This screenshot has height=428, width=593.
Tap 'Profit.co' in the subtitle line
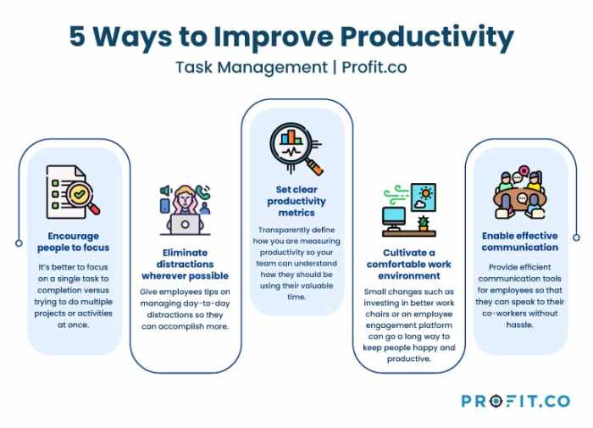374,67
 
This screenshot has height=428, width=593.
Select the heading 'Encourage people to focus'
74,242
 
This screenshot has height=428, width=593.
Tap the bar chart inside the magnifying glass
293,137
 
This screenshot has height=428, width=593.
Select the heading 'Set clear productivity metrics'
296,202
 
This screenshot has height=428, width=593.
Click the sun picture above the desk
424,196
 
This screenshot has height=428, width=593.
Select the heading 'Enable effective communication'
520,242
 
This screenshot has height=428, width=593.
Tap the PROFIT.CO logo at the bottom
516,400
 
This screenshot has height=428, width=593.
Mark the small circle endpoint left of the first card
19,242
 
